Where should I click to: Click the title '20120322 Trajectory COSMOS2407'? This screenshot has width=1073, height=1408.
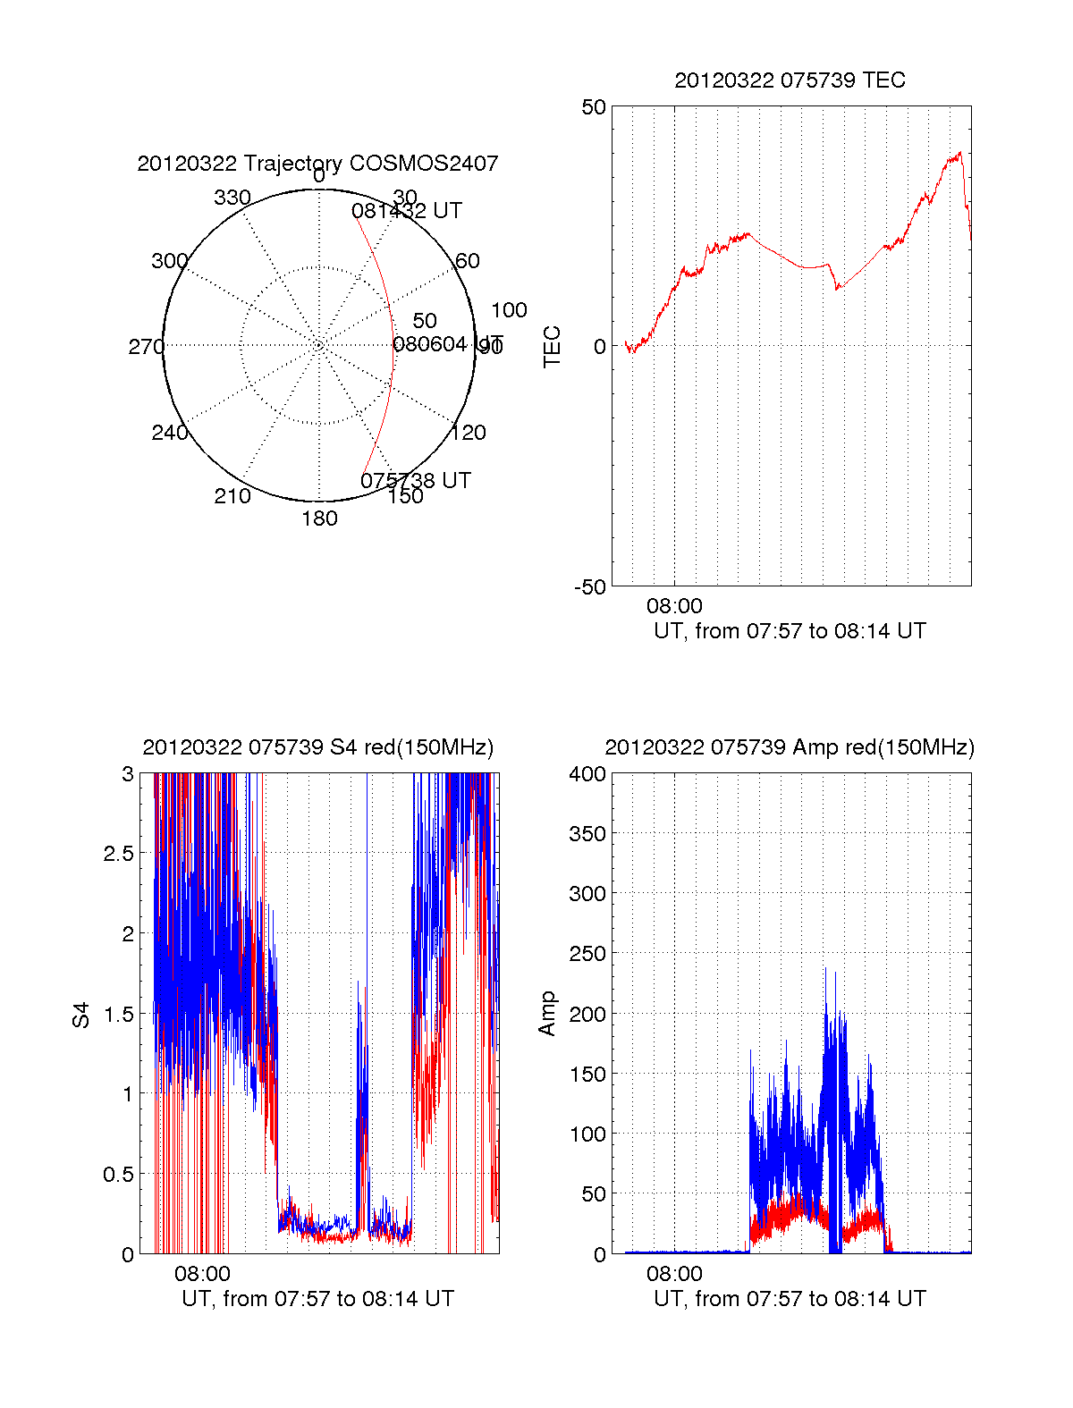coord(317,164)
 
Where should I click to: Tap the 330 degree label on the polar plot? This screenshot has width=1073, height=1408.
coord(232,198)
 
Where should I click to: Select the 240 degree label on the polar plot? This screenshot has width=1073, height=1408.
coord(170,433)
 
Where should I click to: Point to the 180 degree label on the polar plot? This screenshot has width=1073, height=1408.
coord(319,519)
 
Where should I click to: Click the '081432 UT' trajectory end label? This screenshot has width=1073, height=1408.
coord(407,211)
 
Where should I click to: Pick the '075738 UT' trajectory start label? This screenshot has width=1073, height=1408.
coord(416,480)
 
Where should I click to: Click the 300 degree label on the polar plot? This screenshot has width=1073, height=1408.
coord(170,261)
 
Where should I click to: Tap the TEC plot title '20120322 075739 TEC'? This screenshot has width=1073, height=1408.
coord(790,80)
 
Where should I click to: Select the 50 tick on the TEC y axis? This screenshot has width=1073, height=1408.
coord(594,107)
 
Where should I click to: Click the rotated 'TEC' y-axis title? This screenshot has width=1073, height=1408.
coord(553,346)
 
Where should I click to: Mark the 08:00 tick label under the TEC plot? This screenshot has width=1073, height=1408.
coord(674,606)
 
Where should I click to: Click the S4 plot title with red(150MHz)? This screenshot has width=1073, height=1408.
coord(317,747)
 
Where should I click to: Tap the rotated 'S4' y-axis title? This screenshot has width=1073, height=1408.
coord(81,1015)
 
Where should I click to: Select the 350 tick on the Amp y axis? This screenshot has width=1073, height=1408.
coord(587,833)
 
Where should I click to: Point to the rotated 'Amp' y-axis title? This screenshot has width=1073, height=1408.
coord(547,1014)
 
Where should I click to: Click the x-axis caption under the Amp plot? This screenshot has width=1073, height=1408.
coord(790,1299)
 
